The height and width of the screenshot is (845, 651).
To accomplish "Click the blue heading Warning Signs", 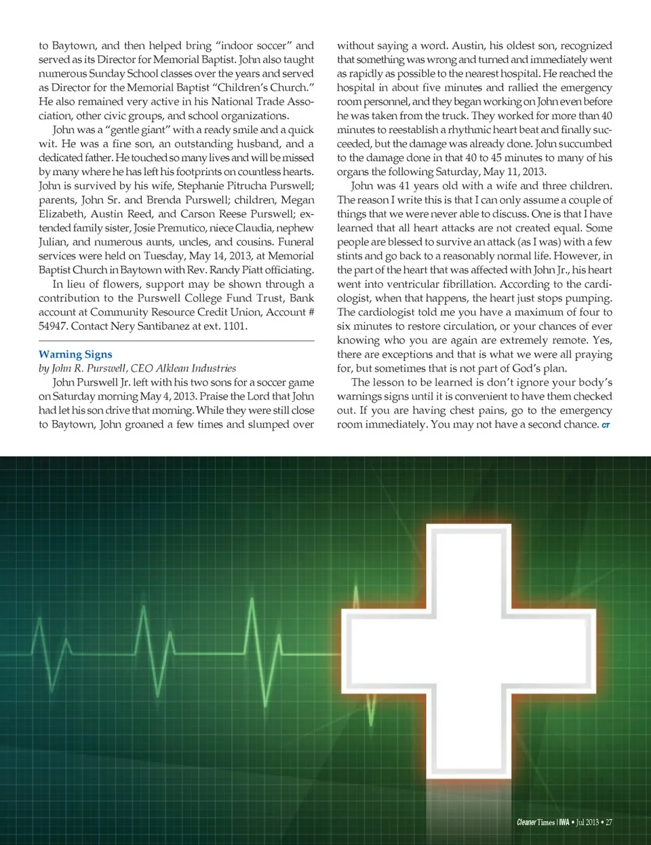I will [75, 354].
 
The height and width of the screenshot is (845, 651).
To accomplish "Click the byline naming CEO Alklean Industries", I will [138, 369].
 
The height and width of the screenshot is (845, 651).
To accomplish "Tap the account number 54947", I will [53, 326].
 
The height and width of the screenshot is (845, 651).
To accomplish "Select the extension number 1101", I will [235, 326].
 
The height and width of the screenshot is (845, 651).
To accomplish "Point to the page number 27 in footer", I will [608, 822].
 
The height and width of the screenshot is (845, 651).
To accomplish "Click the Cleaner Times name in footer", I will [535, 822].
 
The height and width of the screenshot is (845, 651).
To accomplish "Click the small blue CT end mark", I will [606, 426].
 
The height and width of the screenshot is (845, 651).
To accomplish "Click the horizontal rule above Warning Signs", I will [176, 340].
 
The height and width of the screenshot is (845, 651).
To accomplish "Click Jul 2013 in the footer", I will [587, 822].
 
